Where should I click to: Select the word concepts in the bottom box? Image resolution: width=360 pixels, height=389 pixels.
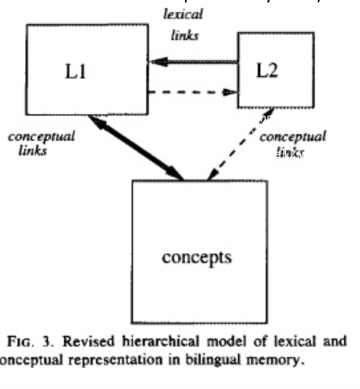coord(197,257)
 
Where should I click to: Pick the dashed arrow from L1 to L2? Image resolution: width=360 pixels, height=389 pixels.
coord(191,92)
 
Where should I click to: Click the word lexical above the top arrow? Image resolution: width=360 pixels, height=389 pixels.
coord(184,14)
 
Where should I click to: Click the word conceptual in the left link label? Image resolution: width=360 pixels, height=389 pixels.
coord(42,136)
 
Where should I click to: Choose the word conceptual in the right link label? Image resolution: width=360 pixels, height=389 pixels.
coord(293,136)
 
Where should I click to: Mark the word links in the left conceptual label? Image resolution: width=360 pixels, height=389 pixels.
coord(32,151)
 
